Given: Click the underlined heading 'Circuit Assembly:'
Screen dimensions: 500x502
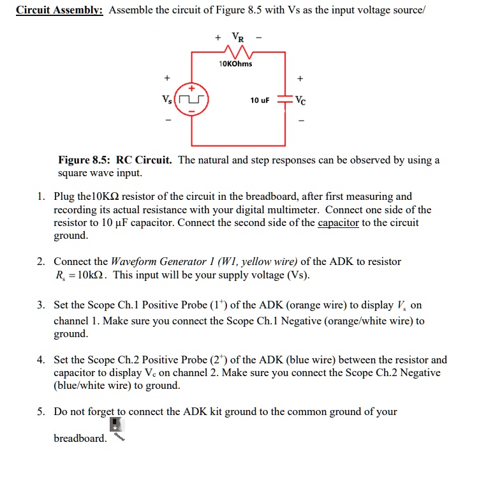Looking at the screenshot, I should click(x=60, y=11).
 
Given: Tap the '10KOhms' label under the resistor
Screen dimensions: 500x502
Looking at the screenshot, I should click(x=235, y=64).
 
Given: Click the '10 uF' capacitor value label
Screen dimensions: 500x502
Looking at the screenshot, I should click(x=260, y=101).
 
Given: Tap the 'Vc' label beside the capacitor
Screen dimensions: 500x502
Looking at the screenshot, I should click(x=301, y=101).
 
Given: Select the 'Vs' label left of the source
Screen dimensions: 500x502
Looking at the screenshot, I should click(x=167, y=101).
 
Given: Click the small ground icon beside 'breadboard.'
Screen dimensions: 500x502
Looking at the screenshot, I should click(x=115, y=428).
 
